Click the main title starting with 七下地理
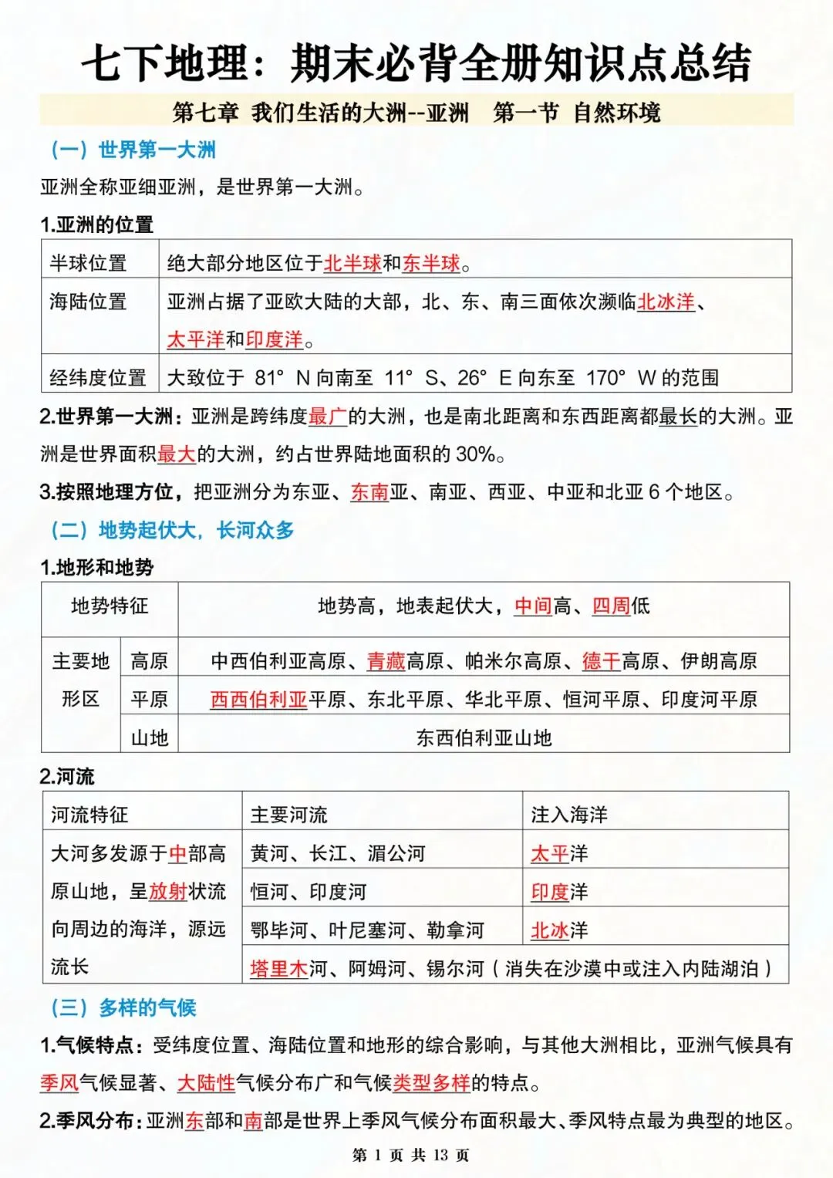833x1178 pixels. tap(416, 62)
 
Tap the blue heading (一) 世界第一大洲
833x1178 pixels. tap(133, 150)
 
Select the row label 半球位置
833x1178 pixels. tap(88, 263)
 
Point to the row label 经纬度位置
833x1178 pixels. tap(98, 377)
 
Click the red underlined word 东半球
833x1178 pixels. tap(431, 263)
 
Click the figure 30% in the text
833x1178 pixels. tap(475, 454)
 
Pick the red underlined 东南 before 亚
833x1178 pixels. tap(369, 492)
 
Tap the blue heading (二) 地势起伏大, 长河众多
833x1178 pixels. tap(172, 530)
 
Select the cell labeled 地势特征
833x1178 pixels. tap(110, 606)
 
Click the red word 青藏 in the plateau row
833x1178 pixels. tap(386, 661)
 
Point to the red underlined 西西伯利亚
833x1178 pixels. tap(258, 700)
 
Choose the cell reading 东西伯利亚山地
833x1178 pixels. tap(484, 738)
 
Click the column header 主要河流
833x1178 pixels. tap(289, 815)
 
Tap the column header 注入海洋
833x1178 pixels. tap(569, 815)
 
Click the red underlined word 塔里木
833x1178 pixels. tap(278, 969)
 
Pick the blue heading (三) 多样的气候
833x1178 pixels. tap(123, 1008)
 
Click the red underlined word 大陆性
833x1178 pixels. tap(206, 1083)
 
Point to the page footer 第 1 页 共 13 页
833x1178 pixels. tap(410, 1155)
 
